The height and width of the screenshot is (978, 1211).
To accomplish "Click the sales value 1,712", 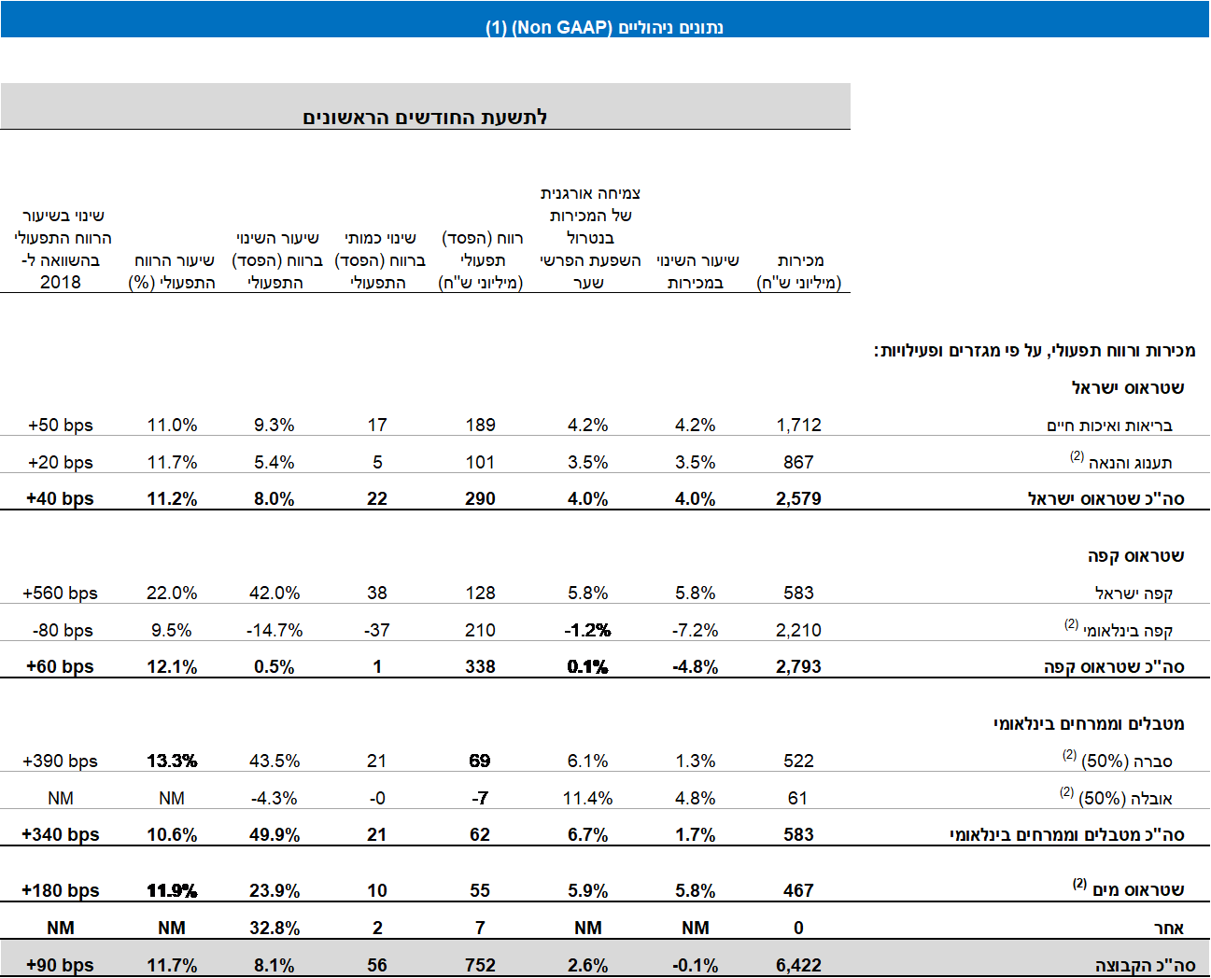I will [798, 425].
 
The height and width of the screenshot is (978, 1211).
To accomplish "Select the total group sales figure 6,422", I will [798, 965].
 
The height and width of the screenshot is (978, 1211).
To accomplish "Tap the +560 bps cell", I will [61, 593].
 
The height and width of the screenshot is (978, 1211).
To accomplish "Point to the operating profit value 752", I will [480, 965].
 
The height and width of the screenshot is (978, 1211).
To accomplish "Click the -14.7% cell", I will [275, 630].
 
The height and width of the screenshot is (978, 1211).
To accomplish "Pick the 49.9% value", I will [275, 834].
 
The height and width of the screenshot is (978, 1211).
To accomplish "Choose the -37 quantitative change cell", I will [377, 630].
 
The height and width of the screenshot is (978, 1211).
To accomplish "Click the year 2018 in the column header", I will [61, 282].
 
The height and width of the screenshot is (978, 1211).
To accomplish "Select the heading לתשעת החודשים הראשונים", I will [425, 117].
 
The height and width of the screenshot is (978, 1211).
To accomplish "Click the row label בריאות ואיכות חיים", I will [1109, 426].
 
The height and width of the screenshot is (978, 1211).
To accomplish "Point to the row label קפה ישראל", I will [1134, 594].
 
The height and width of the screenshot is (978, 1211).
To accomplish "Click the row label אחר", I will [1169, 928].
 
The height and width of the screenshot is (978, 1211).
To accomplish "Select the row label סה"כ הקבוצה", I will [1145, 965].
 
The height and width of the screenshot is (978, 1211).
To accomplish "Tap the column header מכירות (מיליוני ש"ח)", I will [799, 272].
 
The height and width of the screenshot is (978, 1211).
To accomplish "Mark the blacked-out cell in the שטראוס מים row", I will [172, 884].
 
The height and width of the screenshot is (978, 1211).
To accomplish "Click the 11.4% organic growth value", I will [587, 798].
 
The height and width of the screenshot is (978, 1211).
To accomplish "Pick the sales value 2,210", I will [798, 630].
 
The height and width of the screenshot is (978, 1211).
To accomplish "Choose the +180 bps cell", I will [61, 890].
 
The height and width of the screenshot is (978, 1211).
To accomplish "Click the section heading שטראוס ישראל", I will [1128, 387].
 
